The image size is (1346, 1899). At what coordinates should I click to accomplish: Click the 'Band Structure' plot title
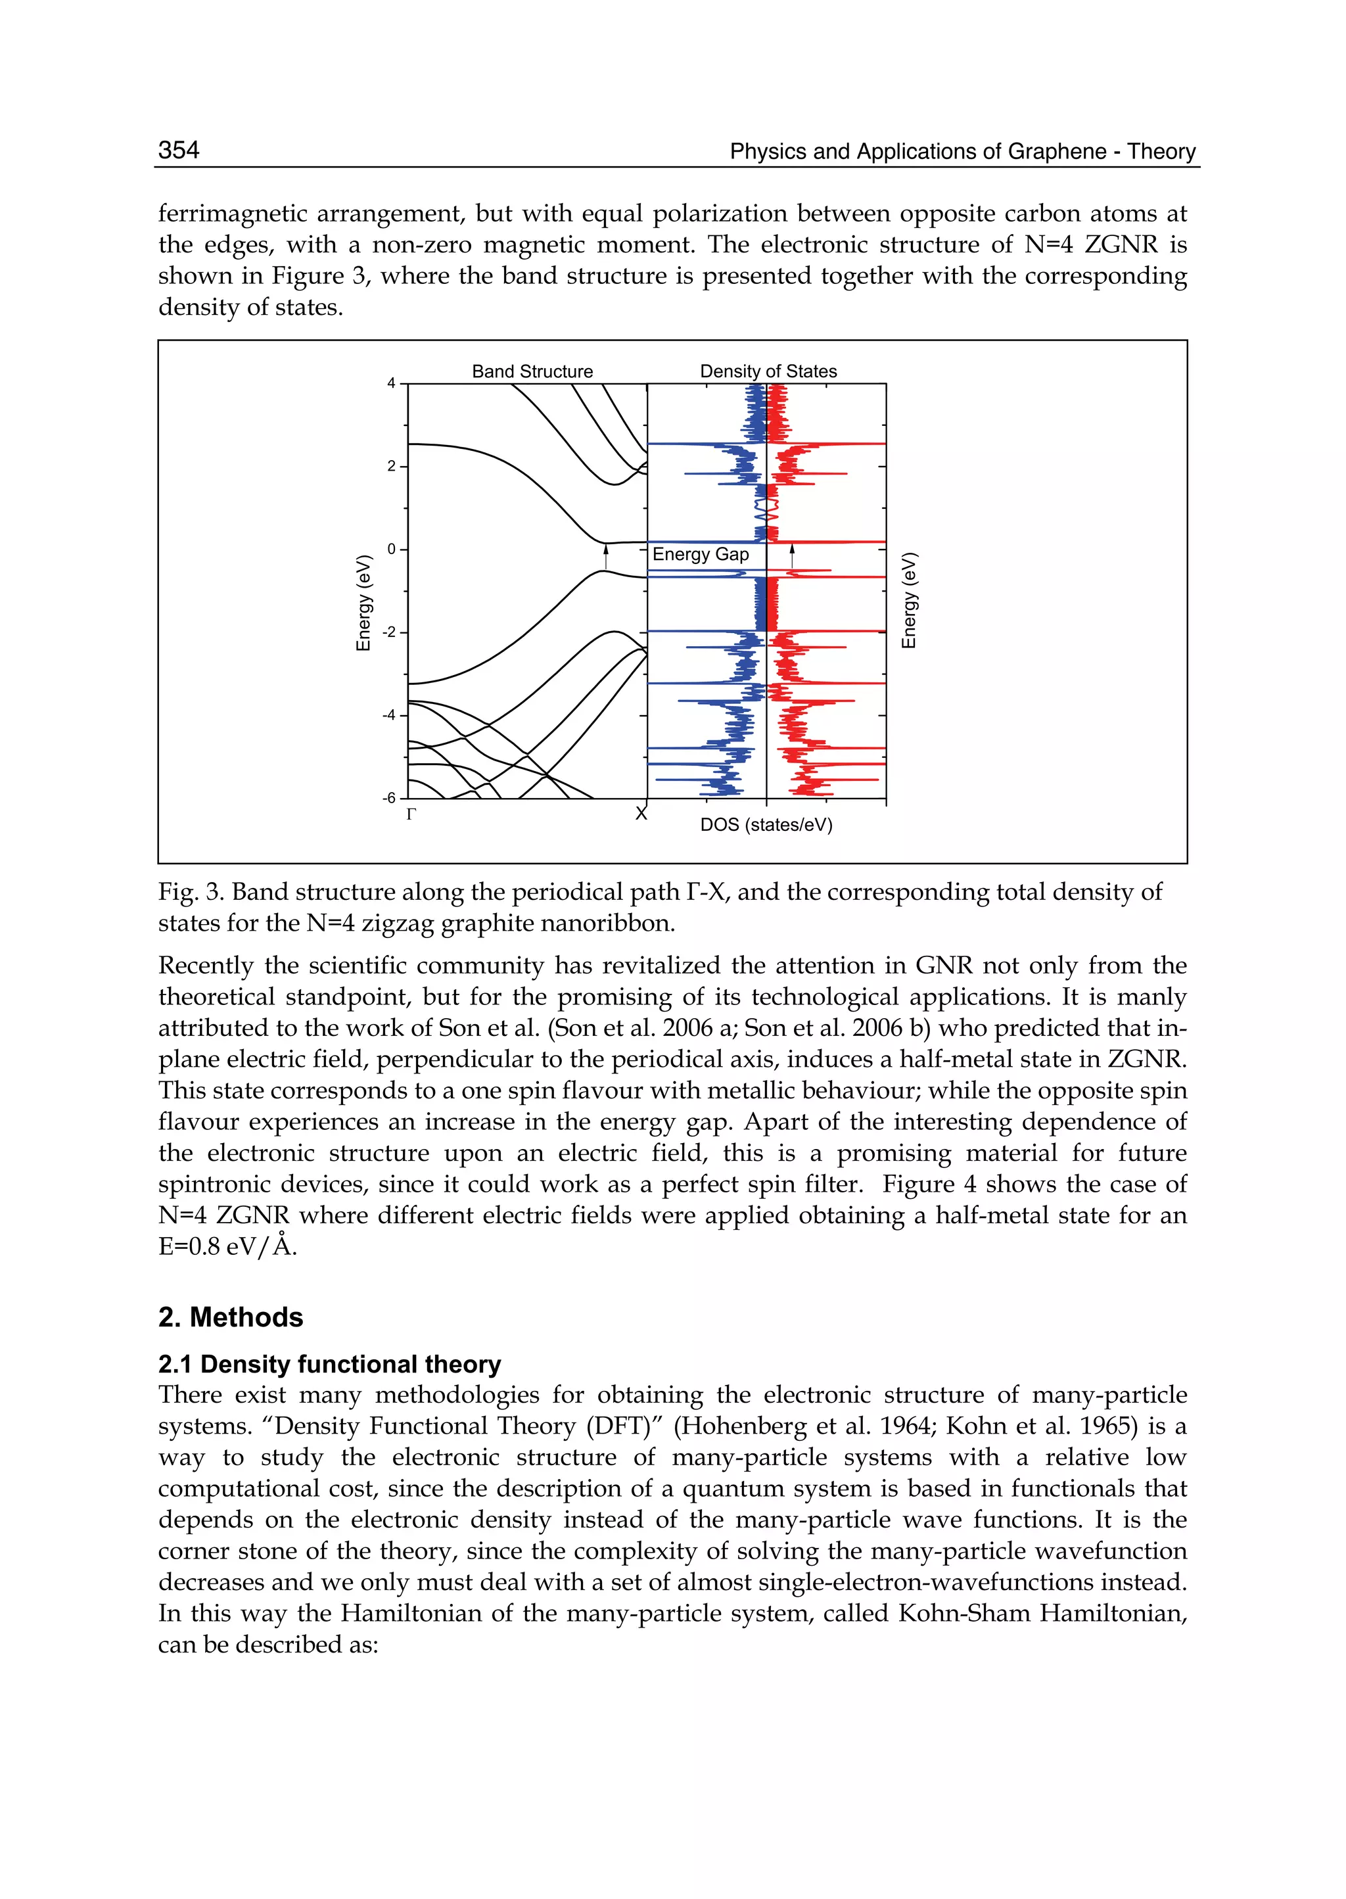click(x=532, y=371)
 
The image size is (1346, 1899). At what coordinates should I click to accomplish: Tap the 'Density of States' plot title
click(x=768, y=371)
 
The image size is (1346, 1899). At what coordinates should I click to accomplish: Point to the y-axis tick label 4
click(x=391, y=383)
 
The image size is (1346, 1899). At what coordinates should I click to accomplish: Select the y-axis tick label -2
click(x=388, y=632)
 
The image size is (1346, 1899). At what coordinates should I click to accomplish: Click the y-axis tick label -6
click(x=388, y=798)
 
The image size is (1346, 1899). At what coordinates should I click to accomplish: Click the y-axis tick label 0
click(x=391, y=549)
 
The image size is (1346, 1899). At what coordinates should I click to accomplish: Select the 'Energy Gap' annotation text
click(x=701, y=555)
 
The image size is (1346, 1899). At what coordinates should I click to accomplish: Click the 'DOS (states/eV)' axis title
click(x=766, y=826)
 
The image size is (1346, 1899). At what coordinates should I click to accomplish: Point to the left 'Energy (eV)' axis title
click(x=363, y=603)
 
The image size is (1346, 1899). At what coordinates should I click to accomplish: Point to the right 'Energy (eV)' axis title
click(x=909, y=600)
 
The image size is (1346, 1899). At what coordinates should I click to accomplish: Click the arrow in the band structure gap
click(x=606, y=557)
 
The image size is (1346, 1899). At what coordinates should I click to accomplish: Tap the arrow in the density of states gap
click(x=793, y=556)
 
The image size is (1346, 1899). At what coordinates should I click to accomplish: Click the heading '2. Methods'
click(x=231, y=1317)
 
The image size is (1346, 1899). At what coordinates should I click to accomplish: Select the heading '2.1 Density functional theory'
click(x=330, y=1365)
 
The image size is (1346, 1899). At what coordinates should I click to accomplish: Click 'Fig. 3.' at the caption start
click(x=191, y=893)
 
